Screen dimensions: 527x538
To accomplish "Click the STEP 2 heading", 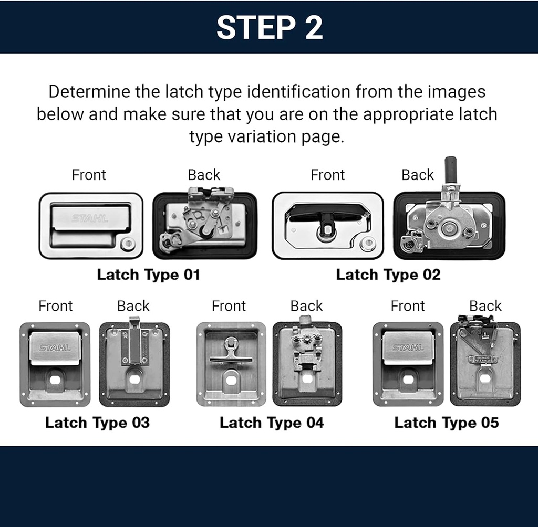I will click(x=269, y=27).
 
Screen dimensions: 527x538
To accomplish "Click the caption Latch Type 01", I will click(x=149, y=275).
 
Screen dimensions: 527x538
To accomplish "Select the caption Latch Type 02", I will click(x=388, y=275).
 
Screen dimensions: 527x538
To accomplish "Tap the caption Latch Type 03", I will click(x=97, y=423).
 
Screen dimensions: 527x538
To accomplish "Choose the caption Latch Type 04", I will click(x=272, y=423).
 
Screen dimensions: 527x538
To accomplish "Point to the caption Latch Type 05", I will click(x=447, y=423).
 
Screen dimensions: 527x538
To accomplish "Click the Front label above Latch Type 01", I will click(x=89, y=175).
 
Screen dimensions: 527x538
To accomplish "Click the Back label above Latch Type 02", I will click(x=418, y=175).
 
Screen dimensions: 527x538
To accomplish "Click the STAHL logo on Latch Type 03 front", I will click(x=55, y=347).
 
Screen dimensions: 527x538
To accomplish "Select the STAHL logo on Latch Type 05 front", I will click(x=408, y=347).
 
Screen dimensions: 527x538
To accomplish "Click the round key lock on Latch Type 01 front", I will click(x=127, y=245).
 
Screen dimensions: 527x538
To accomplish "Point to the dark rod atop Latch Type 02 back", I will click(x=450, y=169).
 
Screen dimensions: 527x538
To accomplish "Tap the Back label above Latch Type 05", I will click(x=485, y=306).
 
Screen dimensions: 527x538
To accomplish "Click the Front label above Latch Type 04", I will click(x=229, y=306).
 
